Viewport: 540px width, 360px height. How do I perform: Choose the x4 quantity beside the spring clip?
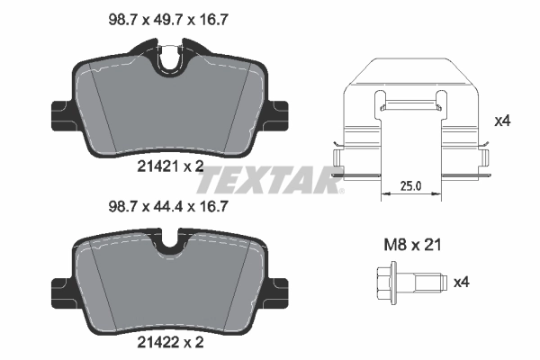click(505, 119)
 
